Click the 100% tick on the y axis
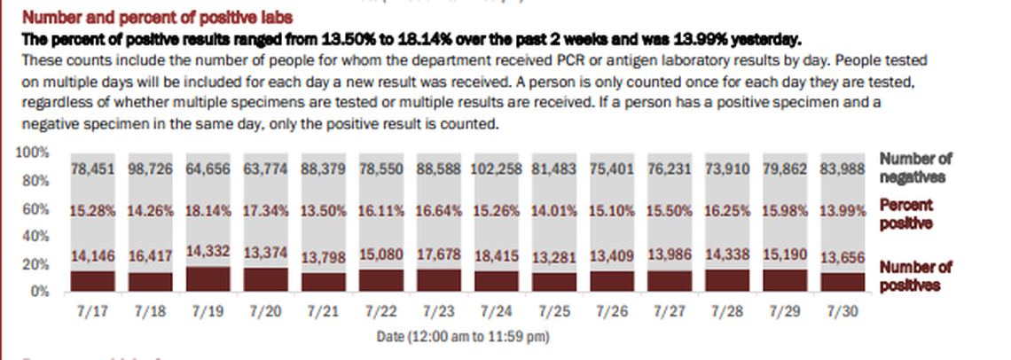click(33, 153)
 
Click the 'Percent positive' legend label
click(906, 214)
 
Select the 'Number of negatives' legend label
click(915, 167)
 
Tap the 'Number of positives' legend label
click(915, 276)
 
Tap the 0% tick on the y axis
click(40, 291)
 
